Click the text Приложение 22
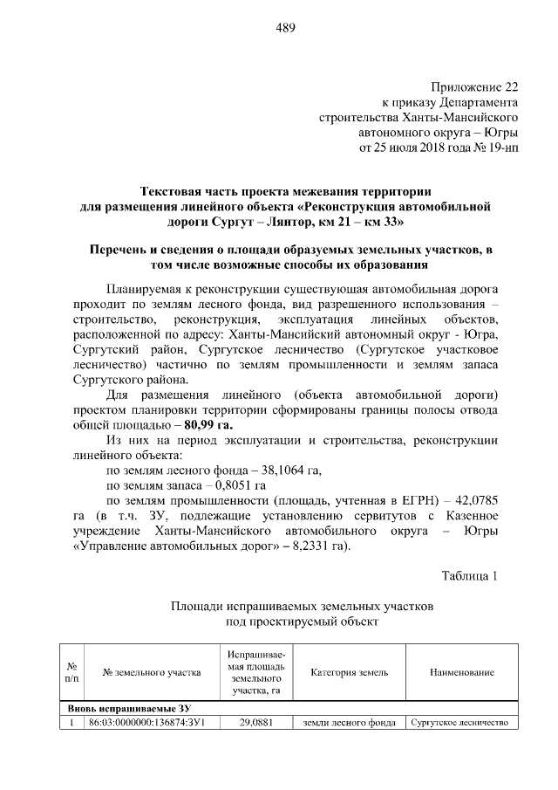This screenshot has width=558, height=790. tap(475, 86)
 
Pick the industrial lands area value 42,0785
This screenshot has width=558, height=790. tap(472, 500)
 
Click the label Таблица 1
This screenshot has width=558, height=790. tap(470, 575)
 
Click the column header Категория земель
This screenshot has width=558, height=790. tap(349, 672)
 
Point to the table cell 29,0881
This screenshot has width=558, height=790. tap(252, 723)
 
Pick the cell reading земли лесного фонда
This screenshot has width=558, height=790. tap(349, 723)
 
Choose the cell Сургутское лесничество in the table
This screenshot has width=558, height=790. tap(461, 723)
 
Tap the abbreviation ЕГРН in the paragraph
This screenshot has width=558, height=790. tap(412, 500)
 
